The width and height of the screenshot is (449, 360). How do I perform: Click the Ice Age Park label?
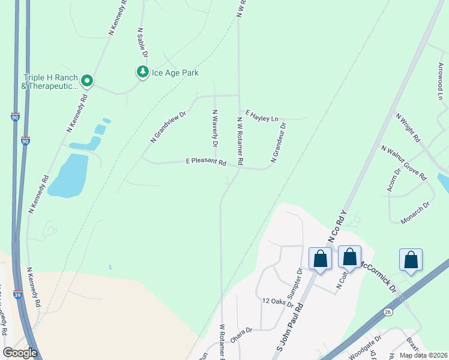coord(175,73)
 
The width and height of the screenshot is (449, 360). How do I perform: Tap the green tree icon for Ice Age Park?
coord(142,73)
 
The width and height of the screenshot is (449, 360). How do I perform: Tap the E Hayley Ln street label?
coord(262,115)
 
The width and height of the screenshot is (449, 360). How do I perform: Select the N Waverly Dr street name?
coord(214,128)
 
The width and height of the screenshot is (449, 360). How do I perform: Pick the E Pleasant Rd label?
coord(205,162)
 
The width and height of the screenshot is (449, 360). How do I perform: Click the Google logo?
coord(20,353)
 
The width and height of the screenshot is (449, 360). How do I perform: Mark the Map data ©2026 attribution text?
coord(423,355)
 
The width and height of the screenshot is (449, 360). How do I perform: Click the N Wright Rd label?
coord(408,127)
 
